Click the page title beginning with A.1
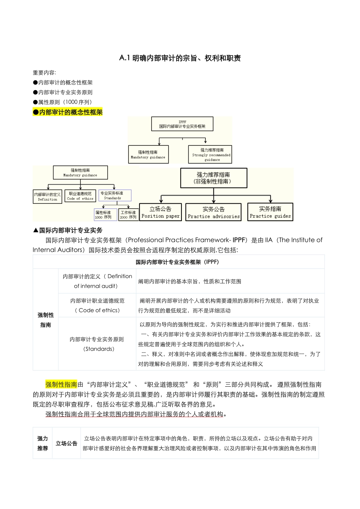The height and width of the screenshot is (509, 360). [x=180, y=58]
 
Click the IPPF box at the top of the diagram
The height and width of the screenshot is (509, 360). [x=182, y=124]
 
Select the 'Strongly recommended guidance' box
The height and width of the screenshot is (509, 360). [x=210, y=155]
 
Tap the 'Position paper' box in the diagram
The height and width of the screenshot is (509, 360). [x=161, y=212]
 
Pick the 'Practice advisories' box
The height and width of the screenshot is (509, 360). [x=213, y=212]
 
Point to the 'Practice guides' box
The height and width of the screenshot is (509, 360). [x=270, y=212]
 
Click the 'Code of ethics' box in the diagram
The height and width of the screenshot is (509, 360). [x=80, y=196]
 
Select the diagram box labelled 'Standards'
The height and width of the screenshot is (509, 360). [x=114, y=195]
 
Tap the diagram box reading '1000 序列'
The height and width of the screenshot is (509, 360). [x=105, y=215]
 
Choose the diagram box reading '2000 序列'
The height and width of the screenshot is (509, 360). [x=128, y=215]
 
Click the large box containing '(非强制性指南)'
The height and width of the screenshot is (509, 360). [x=213, y=178]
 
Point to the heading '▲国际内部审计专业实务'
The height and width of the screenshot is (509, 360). [x=68, y=230]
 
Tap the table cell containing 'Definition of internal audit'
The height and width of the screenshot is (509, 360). [x=97, y=281]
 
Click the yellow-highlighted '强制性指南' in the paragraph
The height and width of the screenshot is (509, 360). [x=61, y=384]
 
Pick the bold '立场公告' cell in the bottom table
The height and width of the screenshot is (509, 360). [x=66, y=443]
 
